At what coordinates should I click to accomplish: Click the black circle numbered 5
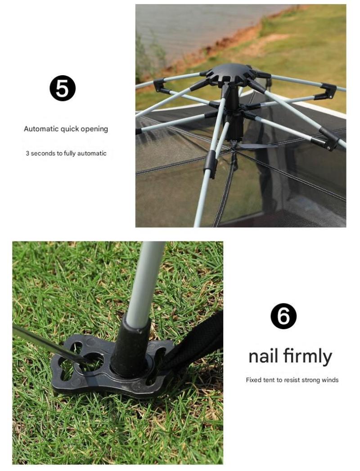[x=63, y=88]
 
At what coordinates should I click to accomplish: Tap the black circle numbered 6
[x=283, y=316]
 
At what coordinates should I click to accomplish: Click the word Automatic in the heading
[x=41, y=129]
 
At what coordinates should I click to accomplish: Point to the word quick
[x=69, y=129]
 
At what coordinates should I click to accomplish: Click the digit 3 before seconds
[x=27, y=153]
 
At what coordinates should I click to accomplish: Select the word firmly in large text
[x=307, y=357]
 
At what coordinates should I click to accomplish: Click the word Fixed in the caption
[x=254, y=380]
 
